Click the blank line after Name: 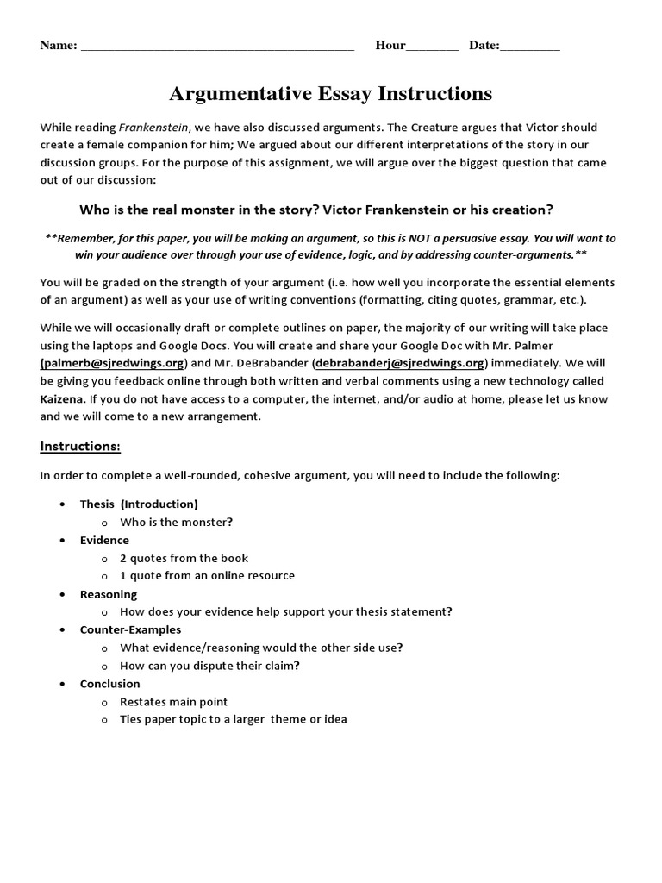217,47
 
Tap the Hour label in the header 390,46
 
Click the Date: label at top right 484,46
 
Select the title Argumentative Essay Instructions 330,93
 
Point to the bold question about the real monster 316,210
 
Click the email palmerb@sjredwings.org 112,363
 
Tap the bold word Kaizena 63,399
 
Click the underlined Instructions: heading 80,446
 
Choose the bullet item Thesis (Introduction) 139,504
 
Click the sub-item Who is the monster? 176,522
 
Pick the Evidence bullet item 104,540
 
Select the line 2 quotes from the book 184,558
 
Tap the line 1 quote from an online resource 207,575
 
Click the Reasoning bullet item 109,594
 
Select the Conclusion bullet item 109,684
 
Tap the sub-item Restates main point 173,702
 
